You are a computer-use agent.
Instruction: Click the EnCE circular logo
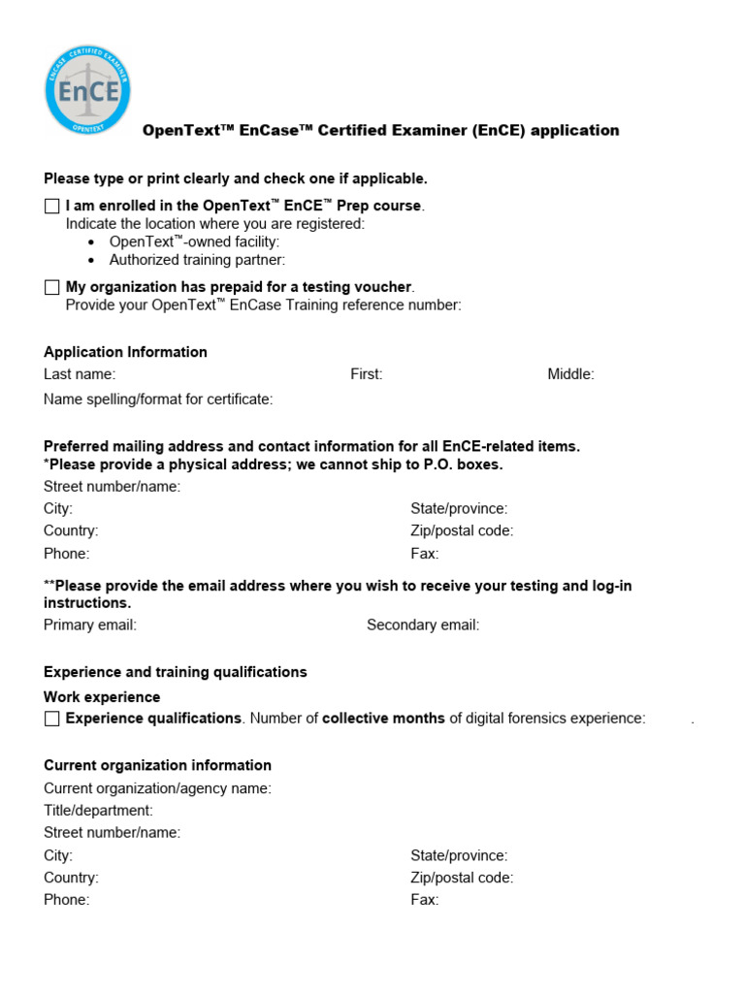[87, 89]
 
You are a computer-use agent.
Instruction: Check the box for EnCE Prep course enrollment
[52, 207]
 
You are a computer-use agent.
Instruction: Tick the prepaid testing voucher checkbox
[52, 287]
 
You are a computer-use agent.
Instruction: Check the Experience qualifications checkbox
[52, 719]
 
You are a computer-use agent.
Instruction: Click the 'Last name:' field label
[80, 374]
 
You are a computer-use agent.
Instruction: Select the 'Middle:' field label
[570, 374]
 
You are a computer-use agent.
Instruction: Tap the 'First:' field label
[367, 374]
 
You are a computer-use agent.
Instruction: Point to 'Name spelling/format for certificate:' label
[158, 400]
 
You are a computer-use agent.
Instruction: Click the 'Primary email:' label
[90, 625]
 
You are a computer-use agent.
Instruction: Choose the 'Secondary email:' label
[423, 625]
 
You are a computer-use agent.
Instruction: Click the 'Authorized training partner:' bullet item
[198, 260]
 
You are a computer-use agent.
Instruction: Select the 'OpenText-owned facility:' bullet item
[194, 241]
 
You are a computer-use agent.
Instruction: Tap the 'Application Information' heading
[125, 352]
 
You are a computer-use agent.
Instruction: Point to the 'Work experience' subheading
[102, 697]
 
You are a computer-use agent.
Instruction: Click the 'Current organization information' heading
[157, 765]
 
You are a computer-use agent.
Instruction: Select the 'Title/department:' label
[98, 811]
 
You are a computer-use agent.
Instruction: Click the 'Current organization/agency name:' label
[157, 788]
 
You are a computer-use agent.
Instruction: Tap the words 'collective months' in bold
[383, 719]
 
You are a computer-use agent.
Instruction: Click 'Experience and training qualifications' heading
[175, 672]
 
